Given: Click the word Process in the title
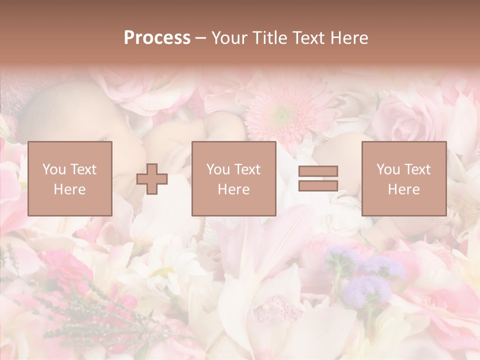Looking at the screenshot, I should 157,38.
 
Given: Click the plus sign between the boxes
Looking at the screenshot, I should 152,178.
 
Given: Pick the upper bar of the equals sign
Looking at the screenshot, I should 318,171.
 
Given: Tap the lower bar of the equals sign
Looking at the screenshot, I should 318,185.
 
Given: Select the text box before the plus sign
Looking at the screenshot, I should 70,178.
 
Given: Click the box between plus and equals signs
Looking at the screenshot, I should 234,178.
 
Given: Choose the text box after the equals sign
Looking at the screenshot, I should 404,178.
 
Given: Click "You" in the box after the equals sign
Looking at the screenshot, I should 388,169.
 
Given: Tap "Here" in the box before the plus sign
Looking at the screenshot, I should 69,189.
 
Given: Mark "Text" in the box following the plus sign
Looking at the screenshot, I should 247,169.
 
